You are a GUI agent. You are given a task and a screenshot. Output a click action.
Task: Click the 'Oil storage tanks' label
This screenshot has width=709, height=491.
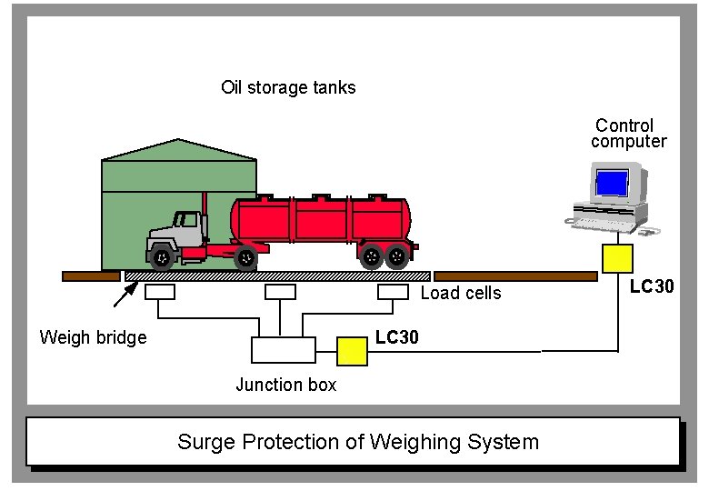pyautogui.click(x=288, y=88)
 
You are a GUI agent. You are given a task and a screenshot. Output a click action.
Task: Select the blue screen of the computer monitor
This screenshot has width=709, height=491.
pyautogui.click(x=612, y=183)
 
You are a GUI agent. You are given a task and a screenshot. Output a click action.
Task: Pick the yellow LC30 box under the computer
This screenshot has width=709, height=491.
pyautogui.click(x=618, y=259)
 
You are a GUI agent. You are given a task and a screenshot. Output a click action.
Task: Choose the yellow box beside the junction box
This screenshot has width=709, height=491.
pyautogui.click(x=352, y=350)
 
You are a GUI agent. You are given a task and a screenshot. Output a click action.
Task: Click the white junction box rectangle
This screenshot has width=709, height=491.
pyautogui.click(x=283, y=350)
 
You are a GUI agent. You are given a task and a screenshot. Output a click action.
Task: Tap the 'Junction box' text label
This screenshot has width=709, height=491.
pyautogui.click(x=285, y=385)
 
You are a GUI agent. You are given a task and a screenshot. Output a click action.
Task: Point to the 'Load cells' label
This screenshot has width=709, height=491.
pyautogui.click(x=460, y=293)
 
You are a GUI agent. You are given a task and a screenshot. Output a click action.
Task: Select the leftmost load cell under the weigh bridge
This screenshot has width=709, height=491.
pyautogui.click(x=160, y=292)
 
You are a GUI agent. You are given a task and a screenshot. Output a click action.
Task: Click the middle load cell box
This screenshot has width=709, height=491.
pyautogui.click(x=280, y=292)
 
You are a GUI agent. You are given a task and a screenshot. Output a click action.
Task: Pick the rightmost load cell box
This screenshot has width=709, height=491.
pyautogui.click(x=394, y=292)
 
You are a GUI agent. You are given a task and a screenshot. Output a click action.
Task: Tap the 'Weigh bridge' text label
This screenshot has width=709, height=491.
pyautogui.click(x=93, y=337)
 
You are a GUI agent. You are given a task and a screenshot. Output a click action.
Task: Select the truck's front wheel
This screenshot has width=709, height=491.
pyautogui.click(x=161, y=257)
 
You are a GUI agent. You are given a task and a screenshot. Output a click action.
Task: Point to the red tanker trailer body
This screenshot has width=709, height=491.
pyautogui.click(x=318, y=218)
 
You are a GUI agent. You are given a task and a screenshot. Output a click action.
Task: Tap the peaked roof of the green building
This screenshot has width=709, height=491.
pyautogui.click(x=179, y=150)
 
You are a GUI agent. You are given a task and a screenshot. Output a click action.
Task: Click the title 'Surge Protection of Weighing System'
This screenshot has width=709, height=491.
pyautogui.click(x=358, y=443)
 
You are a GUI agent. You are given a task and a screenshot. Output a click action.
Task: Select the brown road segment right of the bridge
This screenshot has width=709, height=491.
pyautogui.click(x=514, y=276)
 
